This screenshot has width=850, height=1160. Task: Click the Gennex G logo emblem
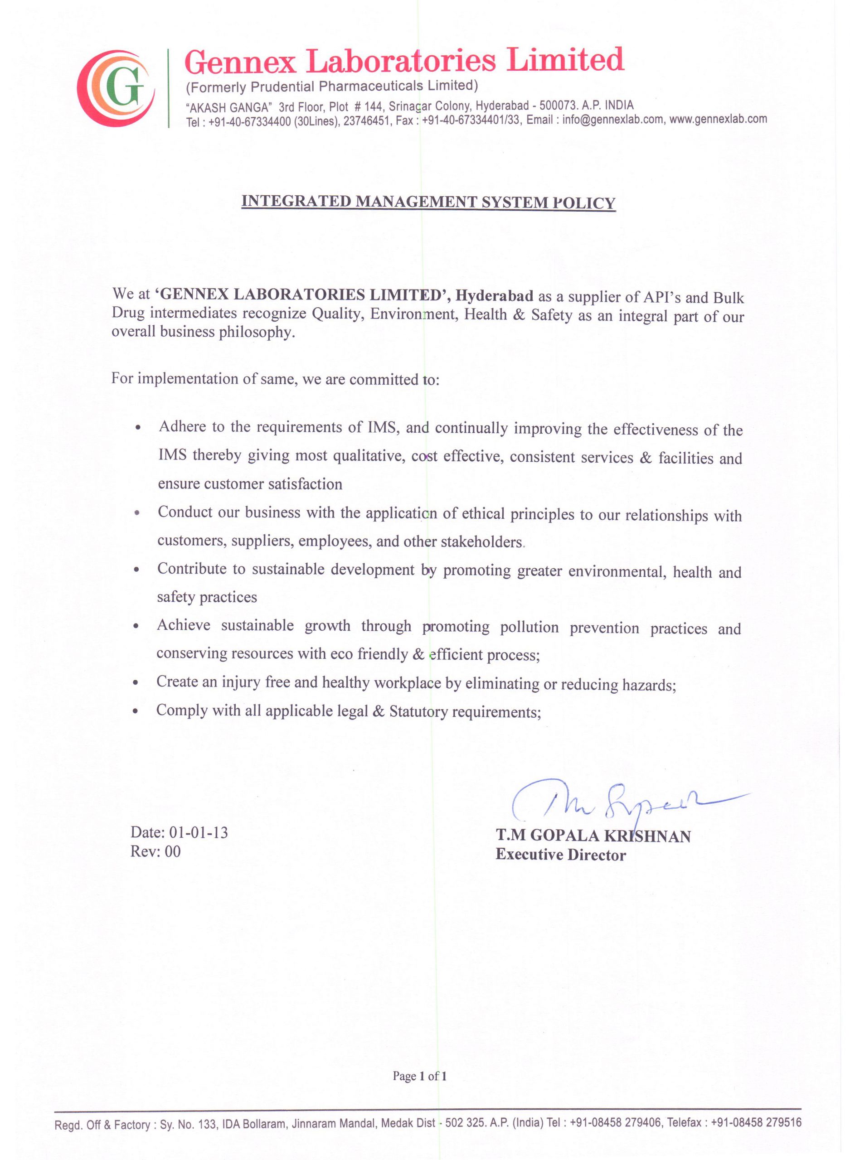pyautogui.click(x=116, y=88)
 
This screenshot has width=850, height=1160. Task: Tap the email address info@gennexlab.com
pyautogui.click(x=613, y=120)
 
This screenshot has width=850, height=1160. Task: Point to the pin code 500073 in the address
pyautogui.click(x=558, y=106)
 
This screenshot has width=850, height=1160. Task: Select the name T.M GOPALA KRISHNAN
pyautogui.click(x=593, y=836)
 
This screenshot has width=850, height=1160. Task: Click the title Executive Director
pyautogui.click(x=560, y=855)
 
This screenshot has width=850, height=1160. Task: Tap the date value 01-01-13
pyautogui.click(x=198, y=832)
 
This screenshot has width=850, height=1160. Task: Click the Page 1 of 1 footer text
pyautogui.click(x=419, y=1076)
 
